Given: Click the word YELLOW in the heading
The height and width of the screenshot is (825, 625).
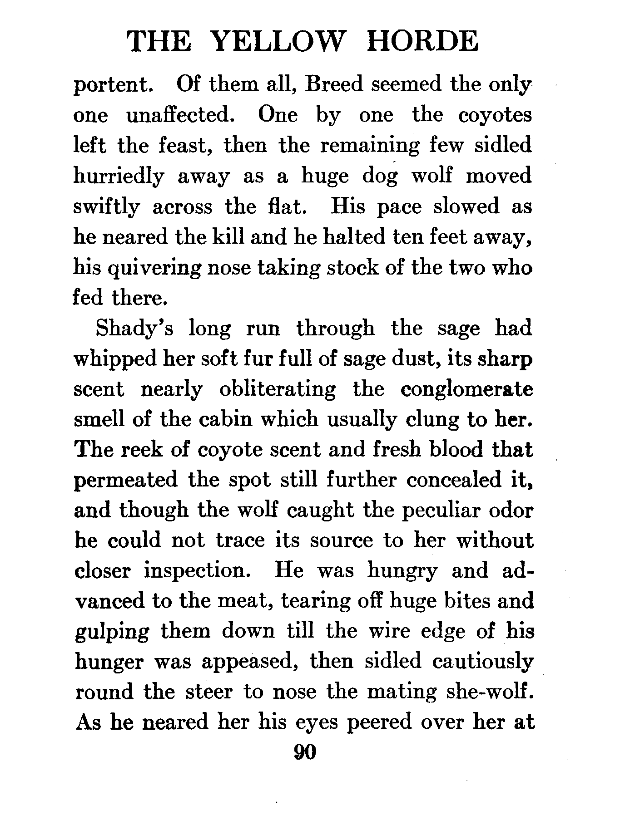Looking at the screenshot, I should click(278, 42).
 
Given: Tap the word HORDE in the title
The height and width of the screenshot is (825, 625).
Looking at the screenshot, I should click(422, 42).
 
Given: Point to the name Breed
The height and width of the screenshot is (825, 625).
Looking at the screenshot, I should click(334, 85).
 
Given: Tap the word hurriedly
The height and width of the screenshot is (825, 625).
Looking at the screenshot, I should click(119, 177).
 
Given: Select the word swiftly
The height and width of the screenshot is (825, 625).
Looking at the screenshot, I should click(107, 207).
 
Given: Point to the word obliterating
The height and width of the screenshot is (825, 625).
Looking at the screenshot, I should click(277, 389).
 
